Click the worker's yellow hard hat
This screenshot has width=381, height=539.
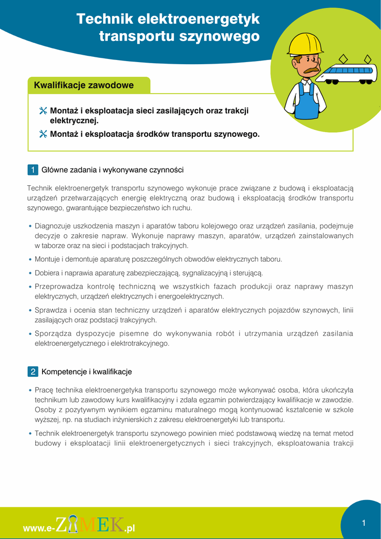(305, 44)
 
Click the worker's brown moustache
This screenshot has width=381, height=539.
(311, 69)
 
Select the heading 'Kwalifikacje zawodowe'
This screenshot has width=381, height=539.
(84, 85)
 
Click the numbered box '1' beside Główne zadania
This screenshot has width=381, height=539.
(33, 170)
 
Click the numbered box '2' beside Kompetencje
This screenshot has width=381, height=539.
(33, 372)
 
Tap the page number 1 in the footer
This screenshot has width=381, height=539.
(363, 523)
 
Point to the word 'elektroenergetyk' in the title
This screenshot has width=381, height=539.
(199, 19)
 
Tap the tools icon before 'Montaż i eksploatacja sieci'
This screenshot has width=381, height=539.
(43, 111)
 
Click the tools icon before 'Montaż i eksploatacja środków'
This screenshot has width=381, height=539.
(43, 134)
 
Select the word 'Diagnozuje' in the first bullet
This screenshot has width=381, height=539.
(52, 226)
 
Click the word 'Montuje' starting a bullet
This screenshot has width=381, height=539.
(47, 259)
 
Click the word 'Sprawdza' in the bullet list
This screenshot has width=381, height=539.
(50, 310)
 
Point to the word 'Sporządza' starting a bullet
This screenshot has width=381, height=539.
(53, 333)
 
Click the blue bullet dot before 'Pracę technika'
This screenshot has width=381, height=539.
(30, 391)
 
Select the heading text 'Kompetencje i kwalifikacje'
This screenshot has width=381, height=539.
(87, 372)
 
